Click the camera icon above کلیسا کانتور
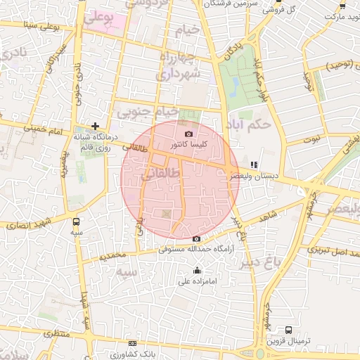click(x=188, y=134)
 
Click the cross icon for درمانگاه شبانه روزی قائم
click(x=95, y=126)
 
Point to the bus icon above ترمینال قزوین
click(x=288, y=329)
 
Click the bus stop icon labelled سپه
click(x=76, y=221)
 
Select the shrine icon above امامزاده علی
click(x=197, y=271)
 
